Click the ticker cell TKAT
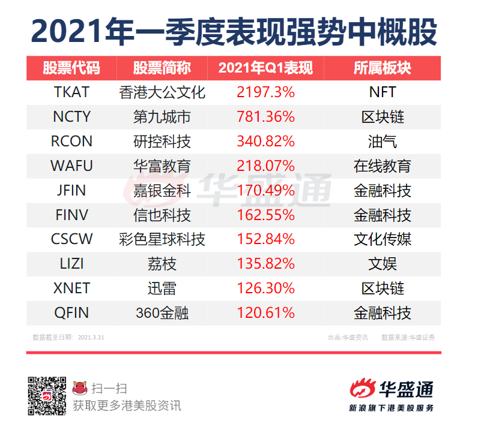click(x=71, y=92)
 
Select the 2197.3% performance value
click(x=265, y=92)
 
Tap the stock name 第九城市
click(x=162, y=117)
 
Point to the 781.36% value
click(x=265, y=117)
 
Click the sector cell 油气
click(x=383, y=142)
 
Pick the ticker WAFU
click(x=71, y=166)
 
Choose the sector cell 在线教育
click(x=383, y=166)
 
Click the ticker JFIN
click(x=71, y=191)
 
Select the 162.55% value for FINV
click(x=265, y=215)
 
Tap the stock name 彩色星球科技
click(x=162, y=239)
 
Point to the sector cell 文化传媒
click(x=383, y=239)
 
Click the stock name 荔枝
click(x=162, y=264)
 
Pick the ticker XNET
click(x=71, y=288)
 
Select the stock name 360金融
click(x=162, y=312)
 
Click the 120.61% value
click(x=265, y=312)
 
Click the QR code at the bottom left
click(x=47, y=395)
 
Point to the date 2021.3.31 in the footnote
click(x=91, y=338)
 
